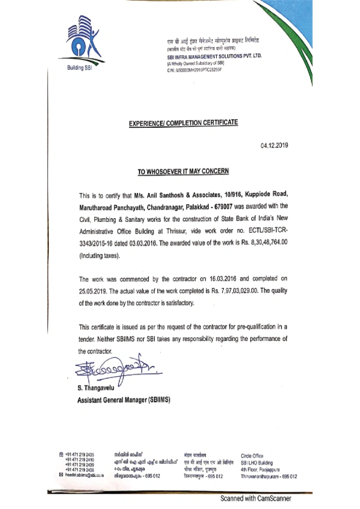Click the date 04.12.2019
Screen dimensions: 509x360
tap(274, 146)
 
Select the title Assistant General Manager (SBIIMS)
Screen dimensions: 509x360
tap(124, 400)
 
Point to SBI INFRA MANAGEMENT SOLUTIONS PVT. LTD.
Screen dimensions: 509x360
tap(214, 58)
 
